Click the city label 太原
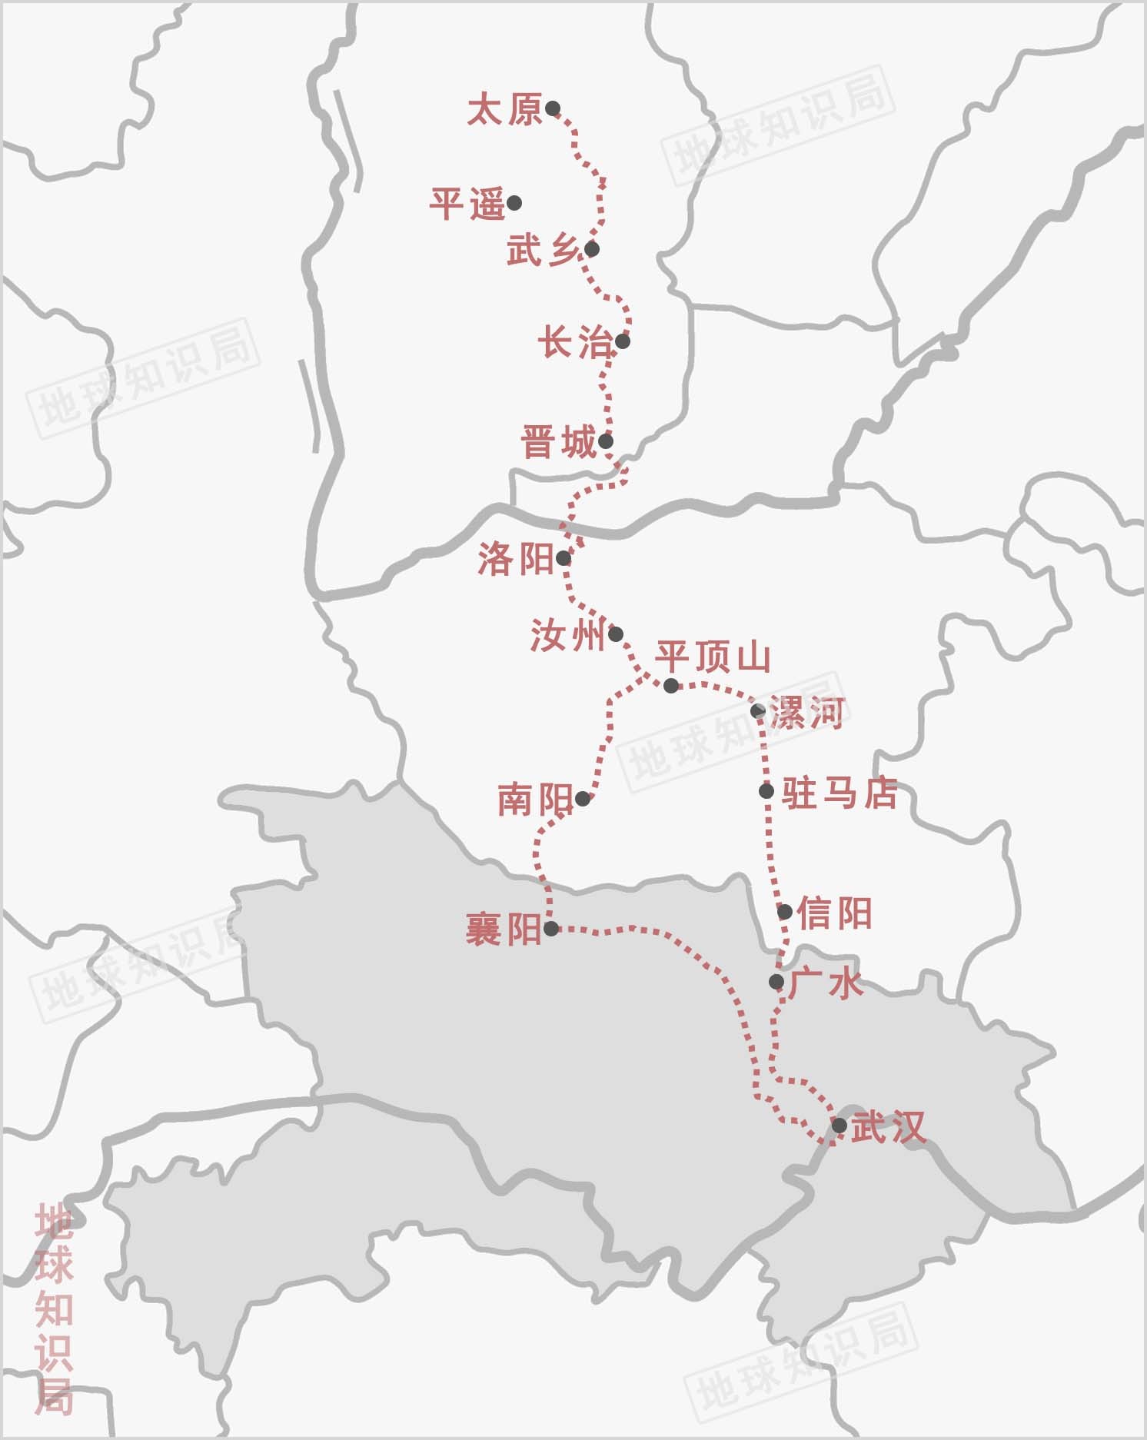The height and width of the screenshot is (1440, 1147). tap(504, 110)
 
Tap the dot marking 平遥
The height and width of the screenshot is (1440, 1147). tap(514, 203)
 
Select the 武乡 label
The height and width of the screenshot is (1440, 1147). tap(542, 251)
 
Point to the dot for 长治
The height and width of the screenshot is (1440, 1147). tap(623, 341)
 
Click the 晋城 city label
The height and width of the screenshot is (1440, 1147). tap(559, 444)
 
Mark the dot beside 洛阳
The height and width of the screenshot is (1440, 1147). tap(564, 558)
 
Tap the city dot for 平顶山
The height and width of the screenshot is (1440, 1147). tap(671, 685)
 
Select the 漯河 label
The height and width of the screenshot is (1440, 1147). tap(807, 713)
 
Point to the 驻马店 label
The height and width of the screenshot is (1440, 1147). tap(839, 793)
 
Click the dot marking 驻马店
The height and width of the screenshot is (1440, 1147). tap(766, 790)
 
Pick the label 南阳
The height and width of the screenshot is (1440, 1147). tap(535, 800)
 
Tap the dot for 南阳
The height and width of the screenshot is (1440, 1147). tap(583, 799)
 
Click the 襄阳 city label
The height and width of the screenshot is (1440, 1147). tap(504, 930)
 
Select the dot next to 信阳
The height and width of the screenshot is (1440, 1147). tap(785, 912)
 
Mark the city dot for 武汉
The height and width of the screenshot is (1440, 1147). tap(839, 1126)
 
